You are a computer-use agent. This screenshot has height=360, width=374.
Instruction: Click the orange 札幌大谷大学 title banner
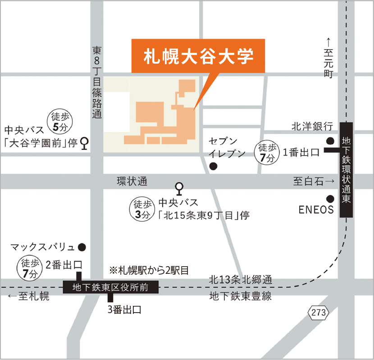[x=198, y=55]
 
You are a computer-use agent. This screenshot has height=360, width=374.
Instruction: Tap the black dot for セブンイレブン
[x=214, y=166]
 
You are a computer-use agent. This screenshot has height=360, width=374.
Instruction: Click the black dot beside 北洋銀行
[x=330, y=141]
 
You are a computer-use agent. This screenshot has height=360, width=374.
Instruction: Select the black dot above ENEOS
[x=330, y=198]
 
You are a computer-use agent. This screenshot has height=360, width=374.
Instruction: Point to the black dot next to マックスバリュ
[x=82, y=247]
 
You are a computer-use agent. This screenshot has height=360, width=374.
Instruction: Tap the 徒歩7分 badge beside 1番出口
[x=266, y=153]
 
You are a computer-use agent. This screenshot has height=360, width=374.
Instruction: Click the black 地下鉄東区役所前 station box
[x=111, y=286]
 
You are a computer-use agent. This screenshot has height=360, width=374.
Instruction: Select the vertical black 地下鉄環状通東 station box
[x=347, y=170]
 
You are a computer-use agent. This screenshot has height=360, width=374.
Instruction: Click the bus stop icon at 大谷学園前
[x=84, y=144]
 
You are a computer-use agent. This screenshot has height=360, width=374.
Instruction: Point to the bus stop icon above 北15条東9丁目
[x=179, y=187]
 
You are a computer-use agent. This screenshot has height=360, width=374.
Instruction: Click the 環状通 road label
[x=132, y=181]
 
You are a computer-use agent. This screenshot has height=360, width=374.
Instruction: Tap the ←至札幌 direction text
[x=28, y=297]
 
